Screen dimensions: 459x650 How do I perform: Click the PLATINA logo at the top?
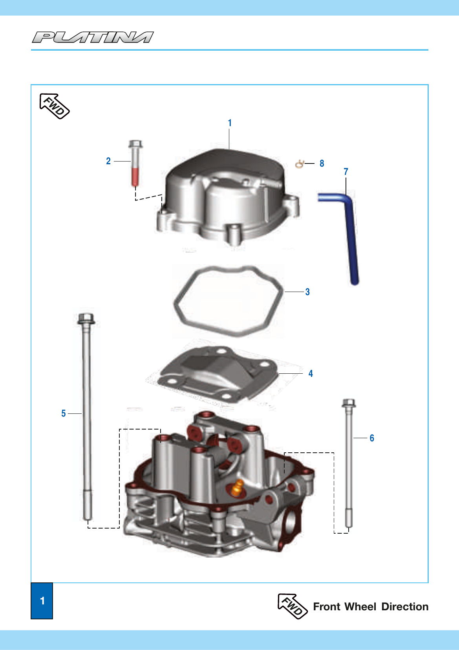pyautogui.click(x=93, y=37)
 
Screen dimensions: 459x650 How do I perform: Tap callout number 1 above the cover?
pyautogui.click(x=230, y=123)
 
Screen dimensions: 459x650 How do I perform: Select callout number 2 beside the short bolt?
pyautogui.click(x=108, y=161)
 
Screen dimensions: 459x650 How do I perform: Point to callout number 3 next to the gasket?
pyautogui.click(x=307, y=292)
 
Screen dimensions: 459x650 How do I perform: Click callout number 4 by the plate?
pyautogui.click(x=311, y=374)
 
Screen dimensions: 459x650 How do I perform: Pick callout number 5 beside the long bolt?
pyautogui.click(x=64, y=413)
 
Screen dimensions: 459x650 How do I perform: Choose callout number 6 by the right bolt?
pyautogui.click(x=372, y=438)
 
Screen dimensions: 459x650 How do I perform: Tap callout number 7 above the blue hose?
pyautogui.click(x=346, y=172)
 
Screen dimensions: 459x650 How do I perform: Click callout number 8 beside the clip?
pyautogui.click(x=322, y=163)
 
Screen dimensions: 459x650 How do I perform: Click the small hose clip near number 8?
pyautogui.click(x=300, y=163)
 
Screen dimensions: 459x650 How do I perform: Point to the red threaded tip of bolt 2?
pyautogui.click(x=135, y=177)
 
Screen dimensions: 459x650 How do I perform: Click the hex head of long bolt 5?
pyautogui.click(x=86, y=318)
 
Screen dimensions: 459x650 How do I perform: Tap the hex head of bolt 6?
pyautogui.click(x=349, y=403)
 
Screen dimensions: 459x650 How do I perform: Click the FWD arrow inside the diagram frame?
pyautogui.click(x=54, y=106)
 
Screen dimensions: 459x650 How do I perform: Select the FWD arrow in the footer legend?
pyautogui.click(x=293, y=606)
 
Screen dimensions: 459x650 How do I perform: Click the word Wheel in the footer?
pyautogui.click(x=360, y=607)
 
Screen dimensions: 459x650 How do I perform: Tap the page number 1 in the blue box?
pyautogui.click(x=42, y=601)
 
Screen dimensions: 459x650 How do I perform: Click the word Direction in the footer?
pyautogui.click(x=405, y=607)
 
